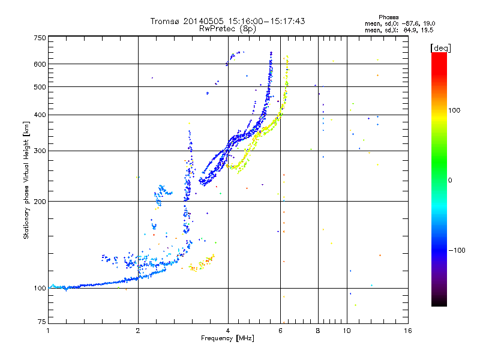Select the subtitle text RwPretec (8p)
coord(227,29)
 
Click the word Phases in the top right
coord(388,17)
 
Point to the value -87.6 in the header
coord(409,23)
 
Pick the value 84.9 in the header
coord(410,30)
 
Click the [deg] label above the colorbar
coord(440,48)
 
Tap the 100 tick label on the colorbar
coord(454,110)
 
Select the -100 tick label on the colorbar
coord(457,250)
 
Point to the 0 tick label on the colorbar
coord(450,180)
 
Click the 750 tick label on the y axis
coord(40,38)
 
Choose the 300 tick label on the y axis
coord(40,151)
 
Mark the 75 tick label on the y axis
coord(42,322)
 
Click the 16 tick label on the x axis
coord(408,331)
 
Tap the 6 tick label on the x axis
coord(280,331)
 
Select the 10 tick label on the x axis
coord(347,331)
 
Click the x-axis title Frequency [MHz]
coord(227,338)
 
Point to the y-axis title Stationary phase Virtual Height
coord(26,181)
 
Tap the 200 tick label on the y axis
coord(40,201)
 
